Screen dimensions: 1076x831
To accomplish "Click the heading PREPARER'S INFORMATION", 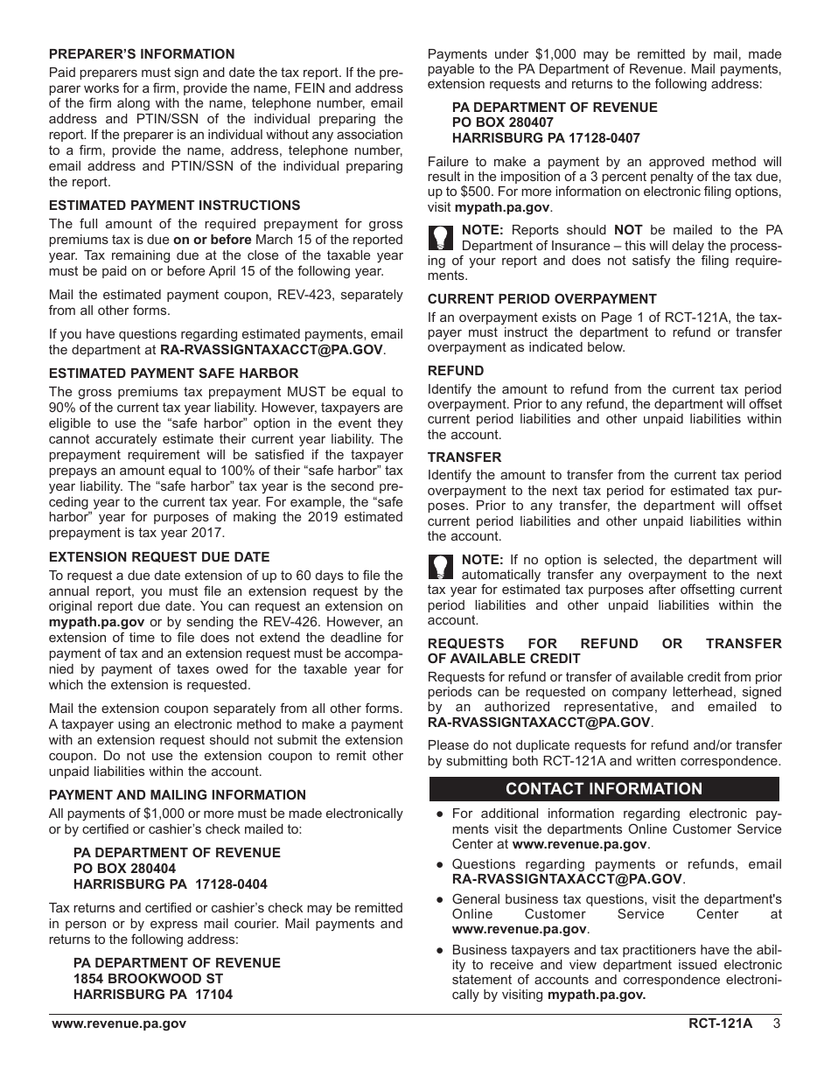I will [x=142, y=54].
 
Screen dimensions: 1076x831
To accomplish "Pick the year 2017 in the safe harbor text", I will [x=209, y=534].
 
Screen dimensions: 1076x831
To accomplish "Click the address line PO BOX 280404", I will [x=124, y=869].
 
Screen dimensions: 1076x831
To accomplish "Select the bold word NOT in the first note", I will [x=628, y=231].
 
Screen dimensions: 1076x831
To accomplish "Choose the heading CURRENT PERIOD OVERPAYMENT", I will [x=541, y=299].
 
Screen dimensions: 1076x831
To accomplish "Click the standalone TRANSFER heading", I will [x=464, y=458].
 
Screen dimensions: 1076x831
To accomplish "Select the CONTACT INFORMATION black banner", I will [x=604, y=789].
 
